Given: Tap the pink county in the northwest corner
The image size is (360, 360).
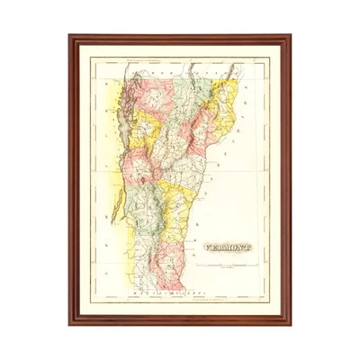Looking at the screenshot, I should coord(144,90).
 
